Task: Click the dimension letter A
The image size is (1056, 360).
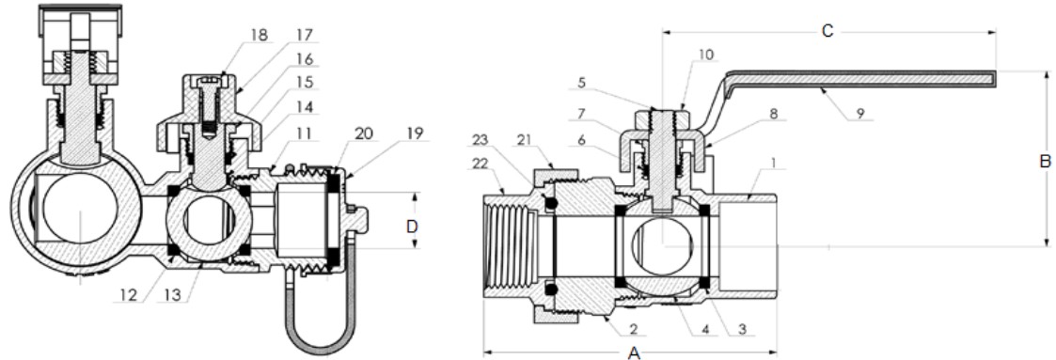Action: click(634, 352)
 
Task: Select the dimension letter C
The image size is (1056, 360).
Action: click(828, 31)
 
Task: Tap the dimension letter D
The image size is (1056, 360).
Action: click(413, 227)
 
